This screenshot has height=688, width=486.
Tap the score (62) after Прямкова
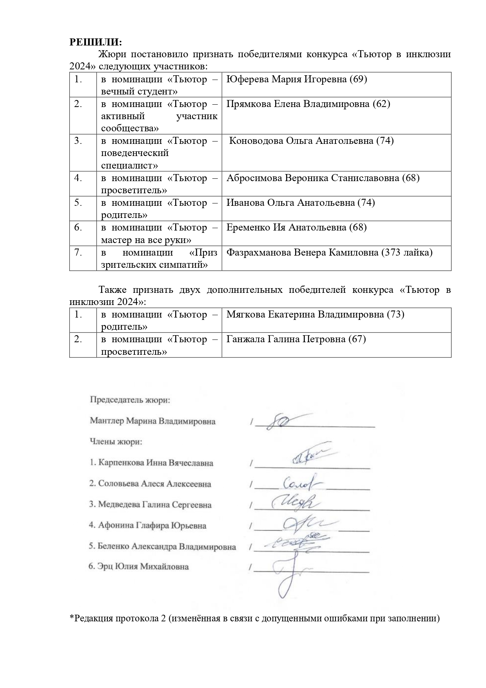pos(381,104)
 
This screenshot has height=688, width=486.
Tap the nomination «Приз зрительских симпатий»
pos(159,259)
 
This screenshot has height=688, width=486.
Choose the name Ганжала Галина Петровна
pos(287,339)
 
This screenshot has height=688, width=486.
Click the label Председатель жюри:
pos(130,400)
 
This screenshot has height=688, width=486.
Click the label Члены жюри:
pos(116,442)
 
